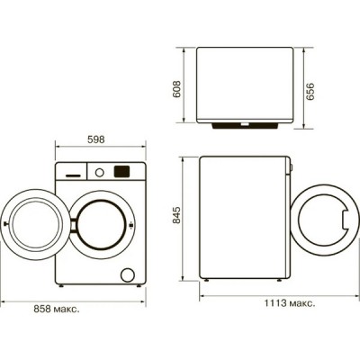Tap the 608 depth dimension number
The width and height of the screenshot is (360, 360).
(177, 87)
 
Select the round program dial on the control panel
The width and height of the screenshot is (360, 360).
(101, 170)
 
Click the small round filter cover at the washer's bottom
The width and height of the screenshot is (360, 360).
(128, 274)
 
